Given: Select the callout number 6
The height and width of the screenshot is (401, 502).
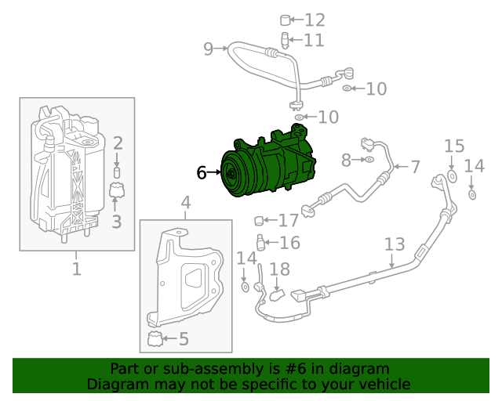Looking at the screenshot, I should tap(202, 172).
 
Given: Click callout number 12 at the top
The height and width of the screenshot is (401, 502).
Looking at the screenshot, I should tap(315, 20).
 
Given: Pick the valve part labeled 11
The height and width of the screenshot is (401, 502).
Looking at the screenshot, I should tap(286, 40).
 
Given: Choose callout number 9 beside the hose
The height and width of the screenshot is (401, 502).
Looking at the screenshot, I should tap(208, 49).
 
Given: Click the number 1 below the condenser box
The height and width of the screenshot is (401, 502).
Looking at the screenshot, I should tap(77, 270).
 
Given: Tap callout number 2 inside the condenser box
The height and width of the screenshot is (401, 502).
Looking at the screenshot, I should tap(118, 143).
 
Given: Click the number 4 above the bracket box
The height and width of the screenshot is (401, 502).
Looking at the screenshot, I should tap(186, 204).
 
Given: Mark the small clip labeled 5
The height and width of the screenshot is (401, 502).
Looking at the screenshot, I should tap(155, 339).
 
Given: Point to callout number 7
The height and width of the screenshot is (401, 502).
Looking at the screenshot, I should tap(415, 167).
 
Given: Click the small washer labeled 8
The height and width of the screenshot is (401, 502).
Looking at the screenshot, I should tap(368, 161).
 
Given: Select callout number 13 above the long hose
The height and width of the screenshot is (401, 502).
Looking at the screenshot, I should tap(394, 244).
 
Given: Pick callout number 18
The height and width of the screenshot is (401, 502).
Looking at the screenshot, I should tap(280, 269).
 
